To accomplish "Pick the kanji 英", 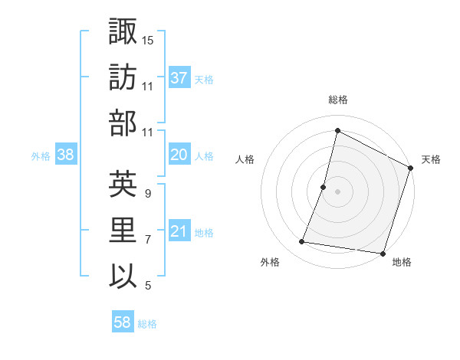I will pos(123,185).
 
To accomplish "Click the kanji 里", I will pos(123,231).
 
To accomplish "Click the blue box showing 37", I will pos(179,78).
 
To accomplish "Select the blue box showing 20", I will pos(179,155).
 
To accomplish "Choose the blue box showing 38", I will pos(66,155).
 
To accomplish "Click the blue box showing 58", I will pos(123,323).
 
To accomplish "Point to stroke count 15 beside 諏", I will pos(148,39).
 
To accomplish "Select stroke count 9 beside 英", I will pos(148,194).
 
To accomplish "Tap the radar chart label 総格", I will pos(338,100).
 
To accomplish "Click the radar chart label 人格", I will pos(245,159).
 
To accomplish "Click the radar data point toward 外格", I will pos(302,242).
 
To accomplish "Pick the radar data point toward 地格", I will pos(382,253).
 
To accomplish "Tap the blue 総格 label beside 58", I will pos(147,324).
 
